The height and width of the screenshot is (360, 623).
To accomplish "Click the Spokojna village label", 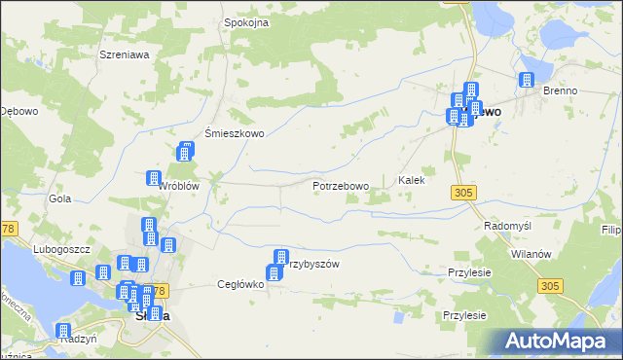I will click(x=245, y=21).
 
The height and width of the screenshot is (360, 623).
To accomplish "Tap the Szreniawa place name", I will click(x=124, y=54).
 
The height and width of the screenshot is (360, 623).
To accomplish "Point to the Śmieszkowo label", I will click(x=234, y=134).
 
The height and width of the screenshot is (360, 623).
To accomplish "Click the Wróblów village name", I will click(x=180, y=186).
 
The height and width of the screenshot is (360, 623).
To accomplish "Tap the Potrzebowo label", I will click(x=340, y=186).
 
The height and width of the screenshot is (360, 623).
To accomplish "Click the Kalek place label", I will click(x=412, y=181).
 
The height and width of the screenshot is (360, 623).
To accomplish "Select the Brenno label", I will click(x=561, y=90).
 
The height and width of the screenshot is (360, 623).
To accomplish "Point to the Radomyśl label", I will click(x=505, y=225).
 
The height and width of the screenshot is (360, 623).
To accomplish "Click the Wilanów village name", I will click(x=531, y=253).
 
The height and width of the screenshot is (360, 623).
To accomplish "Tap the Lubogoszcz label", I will click(x=60, y=249).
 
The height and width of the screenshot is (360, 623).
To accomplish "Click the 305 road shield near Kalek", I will click(x=463, y=193).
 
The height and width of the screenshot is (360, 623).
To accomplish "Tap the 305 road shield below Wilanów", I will click(x=550, y=285).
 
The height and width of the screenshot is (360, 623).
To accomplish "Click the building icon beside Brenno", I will click(x=528, y=81).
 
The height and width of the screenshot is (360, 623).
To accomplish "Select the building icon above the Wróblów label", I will click(x=153, y=177).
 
